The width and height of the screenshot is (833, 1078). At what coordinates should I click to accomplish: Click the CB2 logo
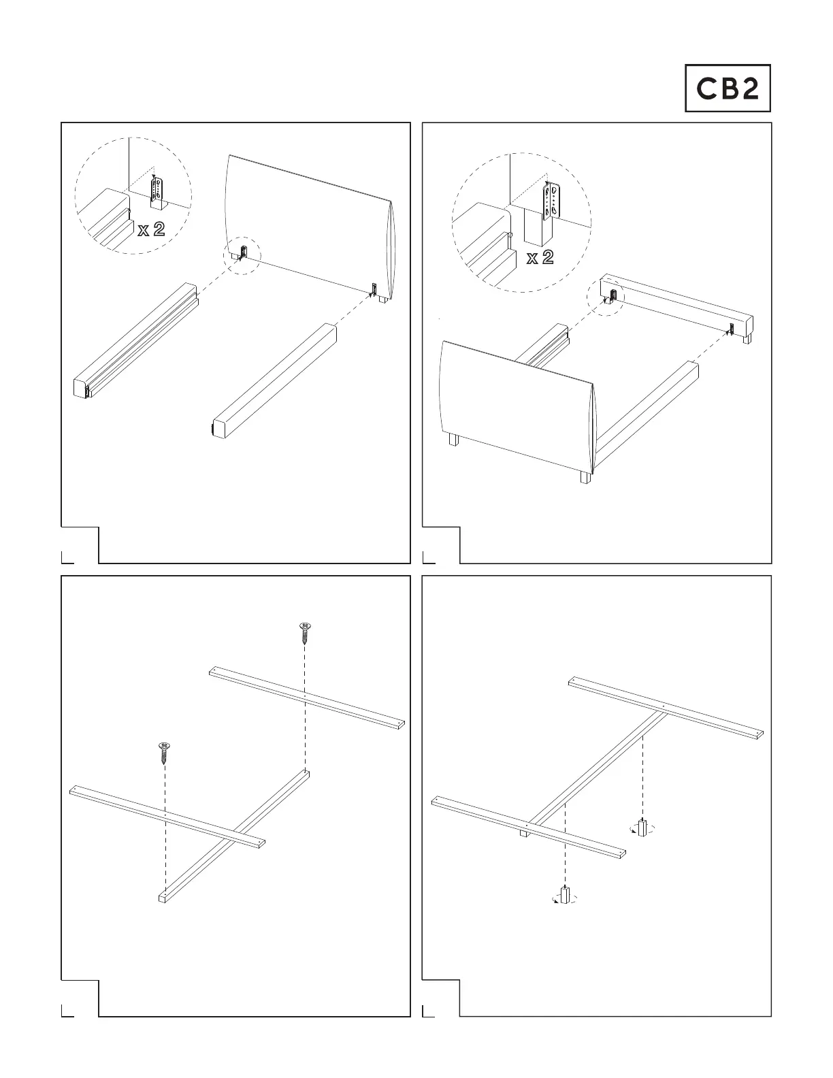coord(728,88)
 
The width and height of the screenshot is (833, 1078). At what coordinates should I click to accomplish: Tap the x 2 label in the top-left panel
coord(152,229)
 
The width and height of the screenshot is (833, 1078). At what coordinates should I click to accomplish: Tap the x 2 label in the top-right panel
coord(540,257)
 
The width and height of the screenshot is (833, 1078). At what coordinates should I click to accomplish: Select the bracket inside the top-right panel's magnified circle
coord(551,201)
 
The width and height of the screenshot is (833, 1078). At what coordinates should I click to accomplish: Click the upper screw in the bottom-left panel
coord(305,633)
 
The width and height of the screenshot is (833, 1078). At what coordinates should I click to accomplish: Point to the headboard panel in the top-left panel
coord(308,228)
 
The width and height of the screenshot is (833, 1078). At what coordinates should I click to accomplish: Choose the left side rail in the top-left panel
coord(135,340)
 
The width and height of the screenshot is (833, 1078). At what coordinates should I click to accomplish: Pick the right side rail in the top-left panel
coord(272,381)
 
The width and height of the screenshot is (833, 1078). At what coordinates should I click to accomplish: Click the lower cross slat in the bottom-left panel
coord(167,817)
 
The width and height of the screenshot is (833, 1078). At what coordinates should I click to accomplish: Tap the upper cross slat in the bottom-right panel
coord(666,708)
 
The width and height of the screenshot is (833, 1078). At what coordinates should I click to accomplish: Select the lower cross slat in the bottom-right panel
coord(528,828)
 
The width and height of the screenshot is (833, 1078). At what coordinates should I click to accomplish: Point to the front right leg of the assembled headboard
coord(585,477)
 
